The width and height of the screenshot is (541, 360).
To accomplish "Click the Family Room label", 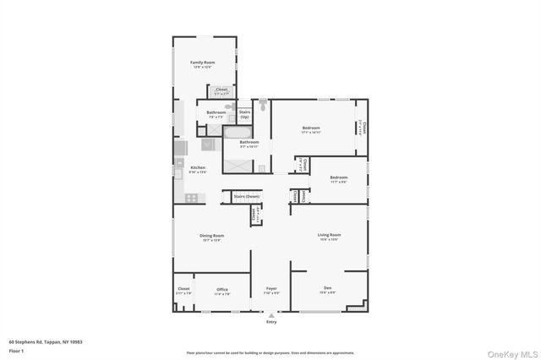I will (x=202, y=63).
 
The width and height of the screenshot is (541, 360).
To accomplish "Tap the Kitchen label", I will (x=198, y=167).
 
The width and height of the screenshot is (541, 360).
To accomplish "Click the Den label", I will (x=327, y=288).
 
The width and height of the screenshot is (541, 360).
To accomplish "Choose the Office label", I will (x=222, y=289).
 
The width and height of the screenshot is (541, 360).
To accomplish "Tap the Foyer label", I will (x=271, y=288).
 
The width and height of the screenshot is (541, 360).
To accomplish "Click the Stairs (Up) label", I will (x=245, y=112).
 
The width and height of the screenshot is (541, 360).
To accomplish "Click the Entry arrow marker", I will (x=271, y=315).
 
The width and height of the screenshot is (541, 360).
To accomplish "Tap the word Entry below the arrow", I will (x=271, y=322).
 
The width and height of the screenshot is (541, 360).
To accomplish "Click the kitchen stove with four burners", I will (x=191, y=198).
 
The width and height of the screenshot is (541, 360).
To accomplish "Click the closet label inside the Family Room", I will (x=221, y=89).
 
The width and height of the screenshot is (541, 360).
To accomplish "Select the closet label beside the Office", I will (x=183, y=288).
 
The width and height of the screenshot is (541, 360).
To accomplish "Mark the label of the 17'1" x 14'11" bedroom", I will (x=311, y=128).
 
